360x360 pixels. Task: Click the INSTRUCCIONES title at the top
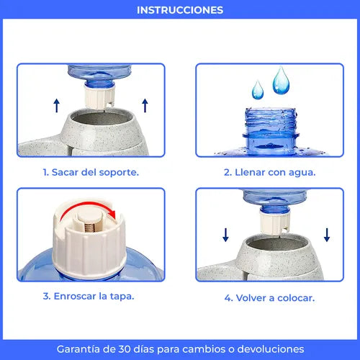click(180, 10)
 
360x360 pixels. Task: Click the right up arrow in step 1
click(145, 106)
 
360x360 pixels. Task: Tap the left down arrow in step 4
click(225, 235)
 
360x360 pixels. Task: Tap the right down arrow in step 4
click(328, 235)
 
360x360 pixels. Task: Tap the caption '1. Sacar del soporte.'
click(90, 172)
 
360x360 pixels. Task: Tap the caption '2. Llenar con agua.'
click(269, 172)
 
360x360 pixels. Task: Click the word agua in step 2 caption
click(300, 172)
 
